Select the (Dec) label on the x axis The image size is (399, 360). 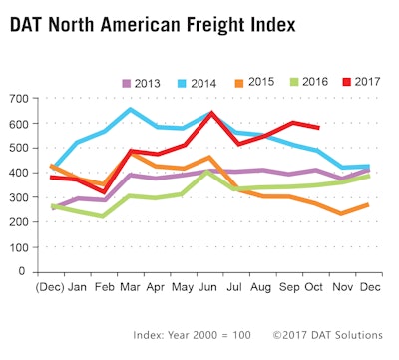point(53,284)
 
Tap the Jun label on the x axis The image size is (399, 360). point(210,284)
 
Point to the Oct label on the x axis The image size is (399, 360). point(317,284)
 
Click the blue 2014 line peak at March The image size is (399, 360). point(131,109)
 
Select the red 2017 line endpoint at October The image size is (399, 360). point(317,128)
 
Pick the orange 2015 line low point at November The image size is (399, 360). point(343,213)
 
